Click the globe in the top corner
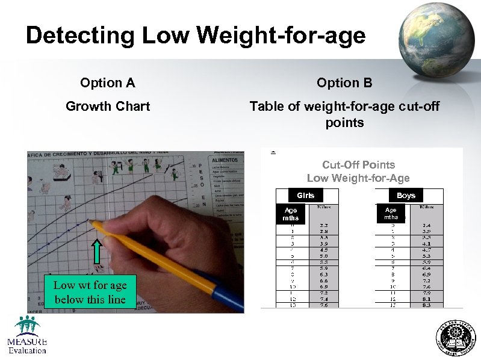(x=439, y=40)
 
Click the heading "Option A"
(x=108, y=82)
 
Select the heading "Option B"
(x=344, y=82)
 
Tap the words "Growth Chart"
(x=108, y=107)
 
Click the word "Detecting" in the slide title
(x=81, y=36)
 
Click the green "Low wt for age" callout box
(x=90, y=292)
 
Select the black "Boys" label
(x=406, y=195)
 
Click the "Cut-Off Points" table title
(x=358, y=164)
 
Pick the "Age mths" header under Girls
(x=290, y=214)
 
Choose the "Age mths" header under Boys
(x=391, y=214)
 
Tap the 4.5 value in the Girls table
(x=324, y=250)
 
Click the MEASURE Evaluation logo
(x=27, y=334)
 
